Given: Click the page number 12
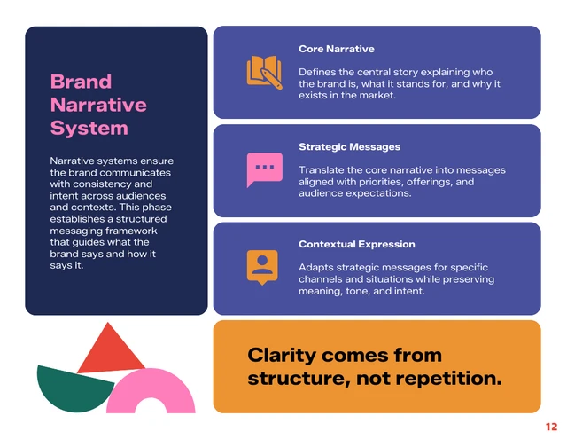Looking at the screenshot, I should [x=551, y=427].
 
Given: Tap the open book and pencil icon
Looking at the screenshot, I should [x=264, y=72].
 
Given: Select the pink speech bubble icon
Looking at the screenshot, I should [x=263, y=169].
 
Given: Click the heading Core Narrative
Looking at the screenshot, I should [x=336, y=49].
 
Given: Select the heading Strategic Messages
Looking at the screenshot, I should [x=349, y=146].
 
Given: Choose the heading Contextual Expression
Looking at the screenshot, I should [x=356, y=244].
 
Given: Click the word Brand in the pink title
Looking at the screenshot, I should [x=81, y=82].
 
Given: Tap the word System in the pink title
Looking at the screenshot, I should [x=89, y=128].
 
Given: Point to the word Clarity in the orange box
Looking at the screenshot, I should [x=283, y=356].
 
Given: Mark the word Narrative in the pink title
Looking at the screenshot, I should [x=98, y=105].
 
